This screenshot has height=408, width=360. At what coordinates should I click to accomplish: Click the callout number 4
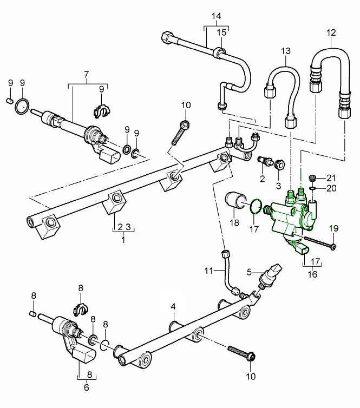[173, 307]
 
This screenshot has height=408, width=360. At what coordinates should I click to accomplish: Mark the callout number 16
[312, 274]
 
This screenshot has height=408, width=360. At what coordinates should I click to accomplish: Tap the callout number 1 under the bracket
[123, 240]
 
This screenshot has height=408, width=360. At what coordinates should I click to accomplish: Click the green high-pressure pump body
[290, 216]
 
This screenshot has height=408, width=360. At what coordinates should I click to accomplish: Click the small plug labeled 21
[311, 177]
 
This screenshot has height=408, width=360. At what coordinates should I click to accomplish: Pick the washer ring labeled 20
[312, 189]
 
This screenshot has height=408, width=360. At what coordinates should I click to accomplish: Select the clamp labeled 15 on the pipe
[220, 52]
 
